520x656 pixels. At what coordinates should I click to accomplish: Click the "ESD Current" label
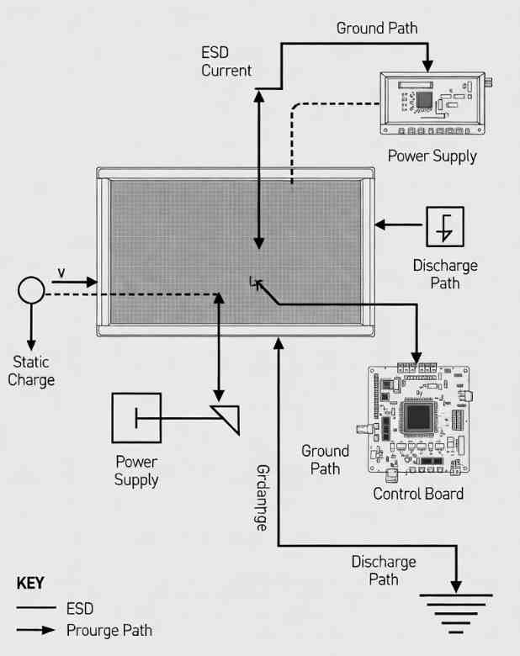tap(226, 61)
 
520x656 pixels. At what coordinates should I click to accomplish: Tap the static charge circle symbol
tap(31, 291)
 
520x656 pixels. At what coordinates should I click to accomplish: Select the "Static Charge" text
tap(31, 371)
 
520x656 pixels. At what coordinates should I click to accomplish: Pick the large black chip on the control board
tap(418, 417)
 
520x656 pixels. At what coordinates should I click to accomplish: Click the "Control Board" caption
tap(418, 494)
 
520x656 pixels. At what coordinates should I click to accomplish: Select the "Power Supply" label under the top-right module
tap(432, 156)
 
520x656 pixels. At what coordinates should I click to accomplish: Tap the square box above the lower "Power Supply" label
tap(136, 417)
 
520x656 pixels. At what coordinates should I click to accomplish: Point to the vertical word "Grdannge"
tap(261, 497)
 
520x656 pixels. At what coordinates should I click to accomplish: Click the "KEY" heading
tap(30, 583)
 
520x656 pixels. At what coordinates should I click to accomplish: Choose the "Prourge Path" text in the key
tap(109, 630)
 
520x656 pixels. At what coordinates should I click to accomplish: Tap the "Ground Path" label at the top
tap(377, 28)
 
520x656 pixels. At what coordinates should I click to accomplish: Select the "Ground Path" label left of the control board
tap(325, 460)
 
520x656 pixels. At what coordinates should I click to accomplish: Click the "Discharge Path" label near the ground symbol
tap(384, 570)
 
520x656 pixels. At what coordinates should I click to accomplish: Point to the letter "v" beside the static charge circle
tap(61, 272)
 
